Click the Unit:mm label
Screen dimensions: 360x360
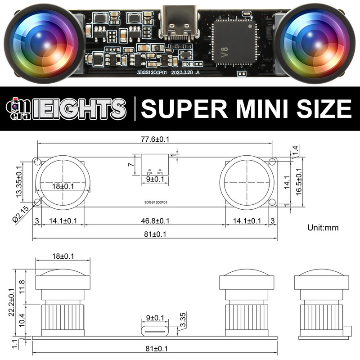tap(323, 228)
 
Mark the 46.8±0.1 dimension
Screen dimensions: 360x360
tap(155, 221)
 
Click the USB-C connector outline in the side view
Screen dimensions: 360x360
tap(155, 331)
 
